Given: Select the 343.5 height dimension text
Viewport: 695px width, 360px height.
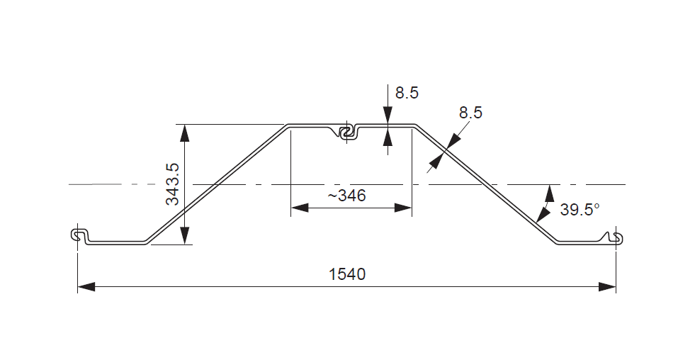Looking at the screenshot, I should pos(172,184).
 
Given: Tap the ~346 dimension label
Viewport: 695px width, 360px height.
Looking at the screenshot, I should pos(346,196).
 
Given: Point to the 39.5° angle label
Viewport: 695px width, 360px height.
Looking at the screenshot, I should pos(580,209).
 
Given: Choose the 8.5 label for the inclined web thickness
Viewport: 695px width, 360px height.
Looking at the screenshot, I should pos(470,112).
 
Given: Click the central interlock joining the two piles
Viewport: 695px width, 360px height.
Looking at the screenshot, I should pos(346,132).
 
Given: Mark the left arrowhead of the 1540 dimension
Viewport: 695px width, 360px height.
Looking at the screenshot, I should pos(86,286).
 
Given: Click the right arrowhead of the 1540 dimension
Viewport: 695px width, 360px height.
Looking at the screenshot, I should pos(607,286).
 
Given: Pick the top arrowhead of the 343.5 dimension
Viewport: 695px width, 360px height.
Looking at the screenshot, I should pos(184,132).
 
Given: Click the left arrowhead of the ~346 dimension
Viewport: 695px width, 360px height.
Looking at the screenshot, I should pos(300,208).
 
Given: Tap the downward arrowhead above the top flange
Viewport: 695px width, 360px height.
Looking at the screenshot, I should pos(388,117).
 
